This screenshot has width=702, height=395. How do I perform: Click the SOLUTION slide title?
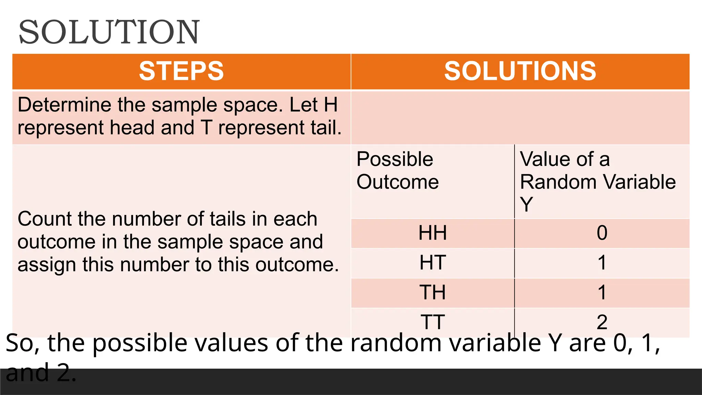coord(109,32)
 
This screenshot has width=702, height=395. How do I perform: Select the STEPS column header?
coord(181,71)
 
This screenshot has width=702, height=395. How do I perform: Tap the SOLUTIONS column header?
coord(520,71)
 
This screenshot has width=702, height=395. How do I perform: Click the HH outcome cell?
coord(433,233)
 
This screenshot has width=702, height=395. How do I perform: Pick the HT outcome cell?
coord(433,263)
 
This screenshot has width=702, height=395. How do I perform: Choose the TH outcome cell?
coord(433,292)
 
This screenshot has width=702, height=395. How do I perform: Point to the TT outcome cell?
coord(433,322)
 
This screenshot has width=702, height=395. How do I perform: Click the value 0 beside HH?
coord(602,233)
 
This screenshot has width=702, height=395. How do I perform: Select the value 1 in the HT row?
coord(602,263)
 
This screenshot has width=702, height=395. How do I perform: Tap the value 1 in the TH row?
coord(602,292)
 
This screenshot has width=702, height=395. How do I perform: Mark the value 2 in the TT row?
coord(602,322)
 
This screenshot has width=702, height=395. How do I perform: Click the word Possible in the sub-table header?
coord(395,159)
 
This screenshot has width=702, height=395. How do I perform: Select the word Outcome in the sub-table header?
coord(398,182)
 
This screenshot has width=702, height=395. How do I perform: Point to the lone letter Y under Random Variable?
coord(526,204)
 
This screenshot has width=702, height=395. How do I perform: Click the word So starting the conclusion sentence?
coord(20,343)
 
